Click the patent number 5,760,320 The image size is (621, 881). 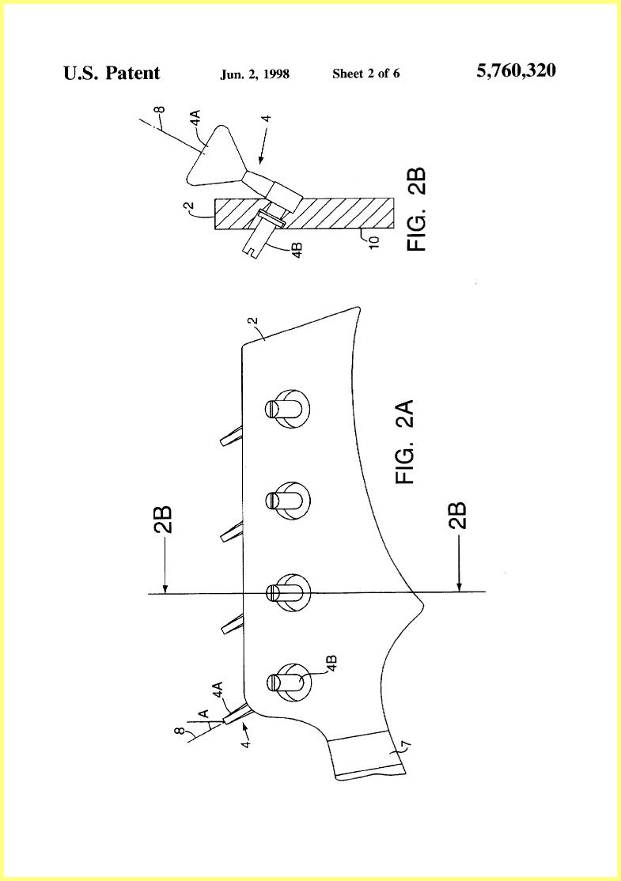coord(516,71)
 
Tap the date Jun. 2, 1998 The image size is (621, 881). coord(255,74)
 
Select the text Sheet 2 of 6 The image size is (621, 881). coord(365,73)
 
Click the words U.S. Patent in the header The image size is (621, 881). coord(112,73)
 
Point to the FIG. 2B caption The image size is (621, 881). coord(417,209)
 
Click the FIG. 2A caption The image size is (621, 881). coord(404,441)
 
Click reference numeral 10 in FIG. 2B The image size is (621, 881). coord(374,240)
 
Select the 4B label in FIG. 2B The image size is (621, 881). coord(298,249)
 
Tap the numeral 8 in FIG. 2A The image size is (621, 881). coord(180,731)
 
